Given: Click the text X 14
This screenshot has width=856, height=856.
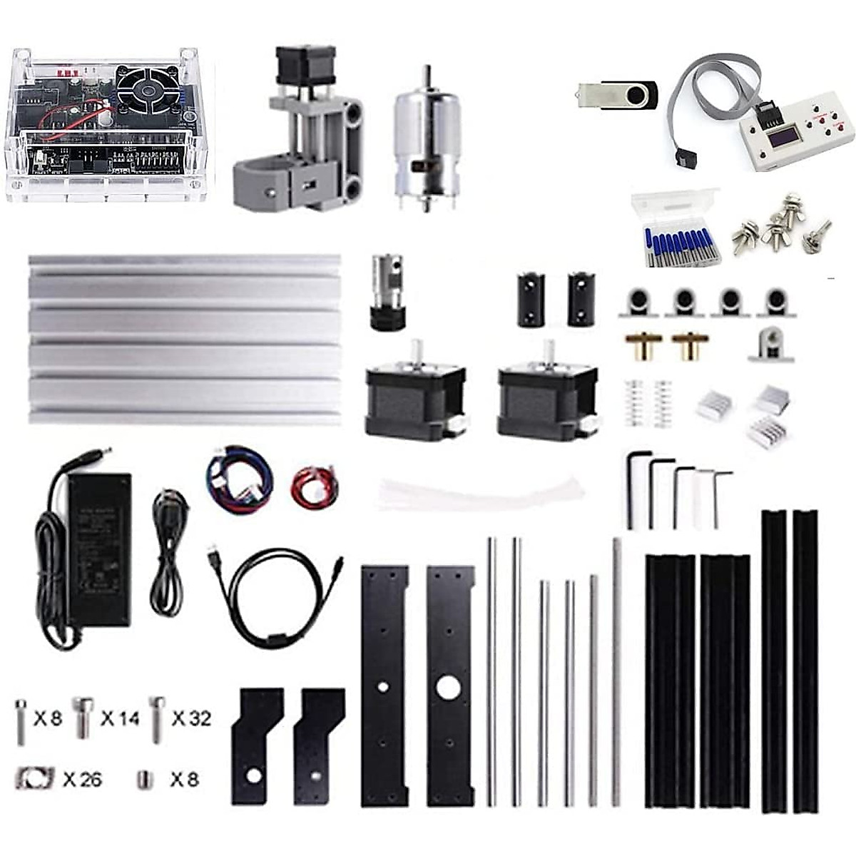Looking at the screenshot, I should (x=120, y=718).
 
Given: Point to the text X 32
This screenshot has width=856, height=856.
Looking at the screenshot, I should (x=191, y=718).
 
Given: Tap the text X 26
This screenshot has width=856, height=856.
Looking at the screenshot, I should (x=82, y=779).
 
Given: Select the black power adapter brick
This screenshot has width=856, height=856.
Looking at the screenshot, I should (x=99, y=546).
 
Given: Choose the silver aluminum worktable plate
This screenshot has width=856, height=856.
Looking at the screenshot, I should (x=183, y=340).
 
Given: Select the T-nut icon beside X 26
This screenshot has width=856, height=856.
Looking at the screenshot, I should (x=33, y=779).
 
